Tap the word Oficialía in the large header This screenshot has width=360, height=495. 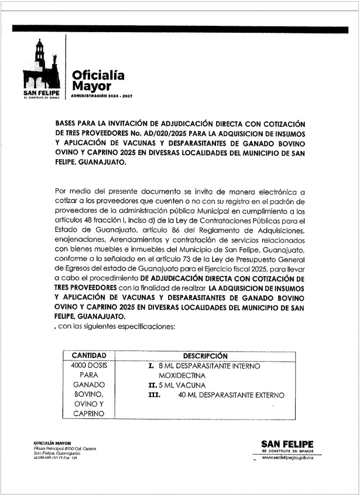[x=98, y=75]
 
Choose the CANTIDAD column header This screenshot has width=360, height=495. [x=88, y=355]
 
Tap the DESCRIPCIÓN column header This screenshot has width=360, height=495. [x=205, y=355]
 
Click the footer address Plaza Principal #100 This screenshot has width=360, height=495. [x=55, y=449]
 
